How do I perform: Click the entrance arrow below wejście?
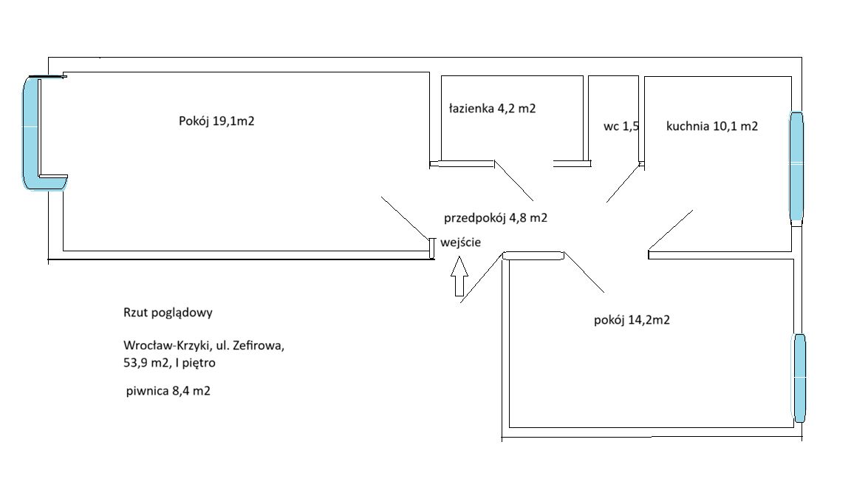coord(459,276)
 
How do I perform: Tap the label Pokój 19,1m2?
coord(216,121)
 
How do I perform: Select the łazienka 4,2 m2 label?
coord(492,108)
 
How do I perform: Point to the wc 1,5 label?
coord(621,126)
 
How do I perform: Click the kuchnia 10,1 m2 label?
coord(711,126)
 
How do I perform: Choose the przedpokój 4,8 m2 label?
coord(495,218)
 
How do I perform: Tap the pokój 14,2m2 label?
coord(632,320)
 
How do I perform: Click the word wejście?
coord(461,242)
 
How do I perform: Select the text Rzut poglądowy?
coord(168,312)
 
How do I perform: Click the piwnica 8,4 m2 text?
coord(168,391)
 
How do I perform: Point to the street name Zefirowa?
coord(259,345)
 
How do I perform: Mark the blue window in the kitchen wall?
coord(796,166)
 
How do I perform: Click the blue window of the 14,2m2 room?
coord(799,378)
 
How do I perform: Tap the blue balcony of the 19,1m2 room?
coord(33,133)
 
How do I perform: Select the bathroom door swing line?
coord(513,181)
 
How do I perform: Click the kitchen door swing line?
coord(671,230)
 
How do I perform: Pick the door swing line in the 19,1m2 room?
coord(406,218)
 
